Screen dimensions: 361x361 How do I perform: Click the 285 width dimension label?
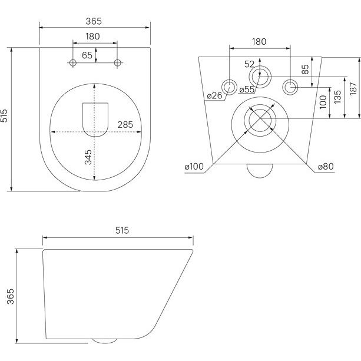[125, 125]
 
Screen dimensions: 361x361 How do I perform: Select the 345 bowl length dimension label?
[88, 157]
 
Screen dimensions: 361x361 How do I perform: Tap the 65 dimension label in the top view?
[87, 55]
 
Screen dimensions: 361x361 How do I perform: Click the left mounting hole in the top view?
[73, 62]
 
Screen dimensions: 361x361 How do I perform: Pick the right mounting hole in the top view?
[117, 62]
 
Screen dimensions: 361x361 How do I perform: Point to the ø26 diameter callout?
[214, 95]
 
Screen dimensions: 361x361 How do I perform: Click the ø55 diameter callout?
[247, 90]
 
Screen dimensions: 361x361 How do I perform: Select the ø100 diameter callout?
[194, 166]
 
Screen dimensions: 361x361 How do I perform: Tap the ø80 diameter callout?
[326, 166]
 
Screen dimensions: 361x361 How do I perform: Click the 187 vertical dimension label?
[353, 89]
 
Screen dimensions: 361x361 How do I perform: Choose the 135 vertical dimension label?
[337, 97]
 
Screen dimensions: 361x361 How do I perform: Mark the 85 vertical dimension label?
[305, 69]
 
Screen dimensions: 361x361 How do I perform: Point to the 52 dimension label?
[249, 64]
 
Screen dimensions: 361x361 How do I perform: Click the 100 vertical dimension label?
[323, 102]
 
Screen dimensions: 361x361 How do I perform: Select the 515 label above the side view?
[122, 230]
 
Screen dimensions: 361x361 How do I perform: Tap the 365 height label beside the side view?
[11, 297]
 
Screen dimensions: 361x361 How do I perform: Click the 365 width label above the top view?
[94, 21]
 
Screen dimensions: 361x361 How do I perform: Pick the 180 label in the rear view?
[259, 42]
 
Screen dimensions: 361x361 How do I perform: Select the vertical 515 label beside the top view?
[4, 115]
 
